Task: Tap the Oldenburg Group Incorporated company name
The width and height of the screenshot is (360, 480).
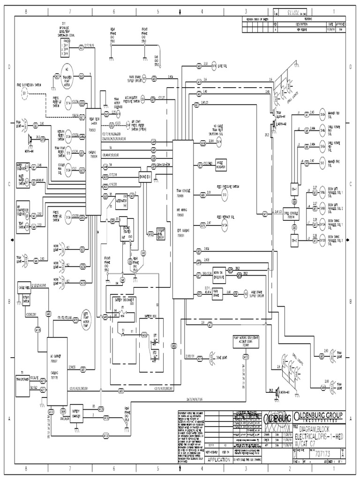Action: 318,417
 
